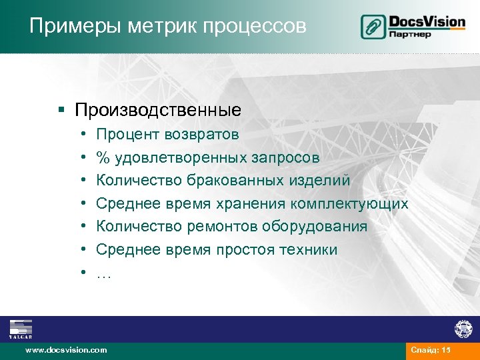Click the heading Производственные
158,108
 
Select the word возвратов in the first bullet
201,135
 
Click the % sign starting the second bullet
103,158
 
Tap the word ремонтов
225,227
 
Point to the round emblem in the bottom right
463,329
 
